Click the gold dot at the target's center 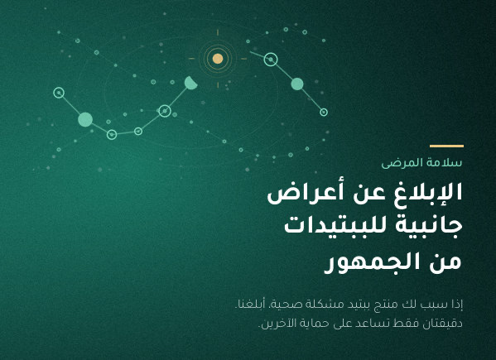click(218, 59)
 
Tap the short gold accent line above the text click(446, 146)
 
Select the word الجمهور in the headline click(373, 262)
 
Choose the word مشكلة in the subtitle click(319, 305)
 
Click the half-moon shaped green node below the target click(190, 83)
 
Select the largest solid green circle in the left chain click(85, 119)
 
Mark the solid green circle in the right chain click(297, 84)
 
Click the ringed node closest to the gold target click(271, 60)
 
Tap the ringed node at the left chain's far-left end click(59, 93)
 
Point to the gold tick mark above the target click(218, 32)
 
